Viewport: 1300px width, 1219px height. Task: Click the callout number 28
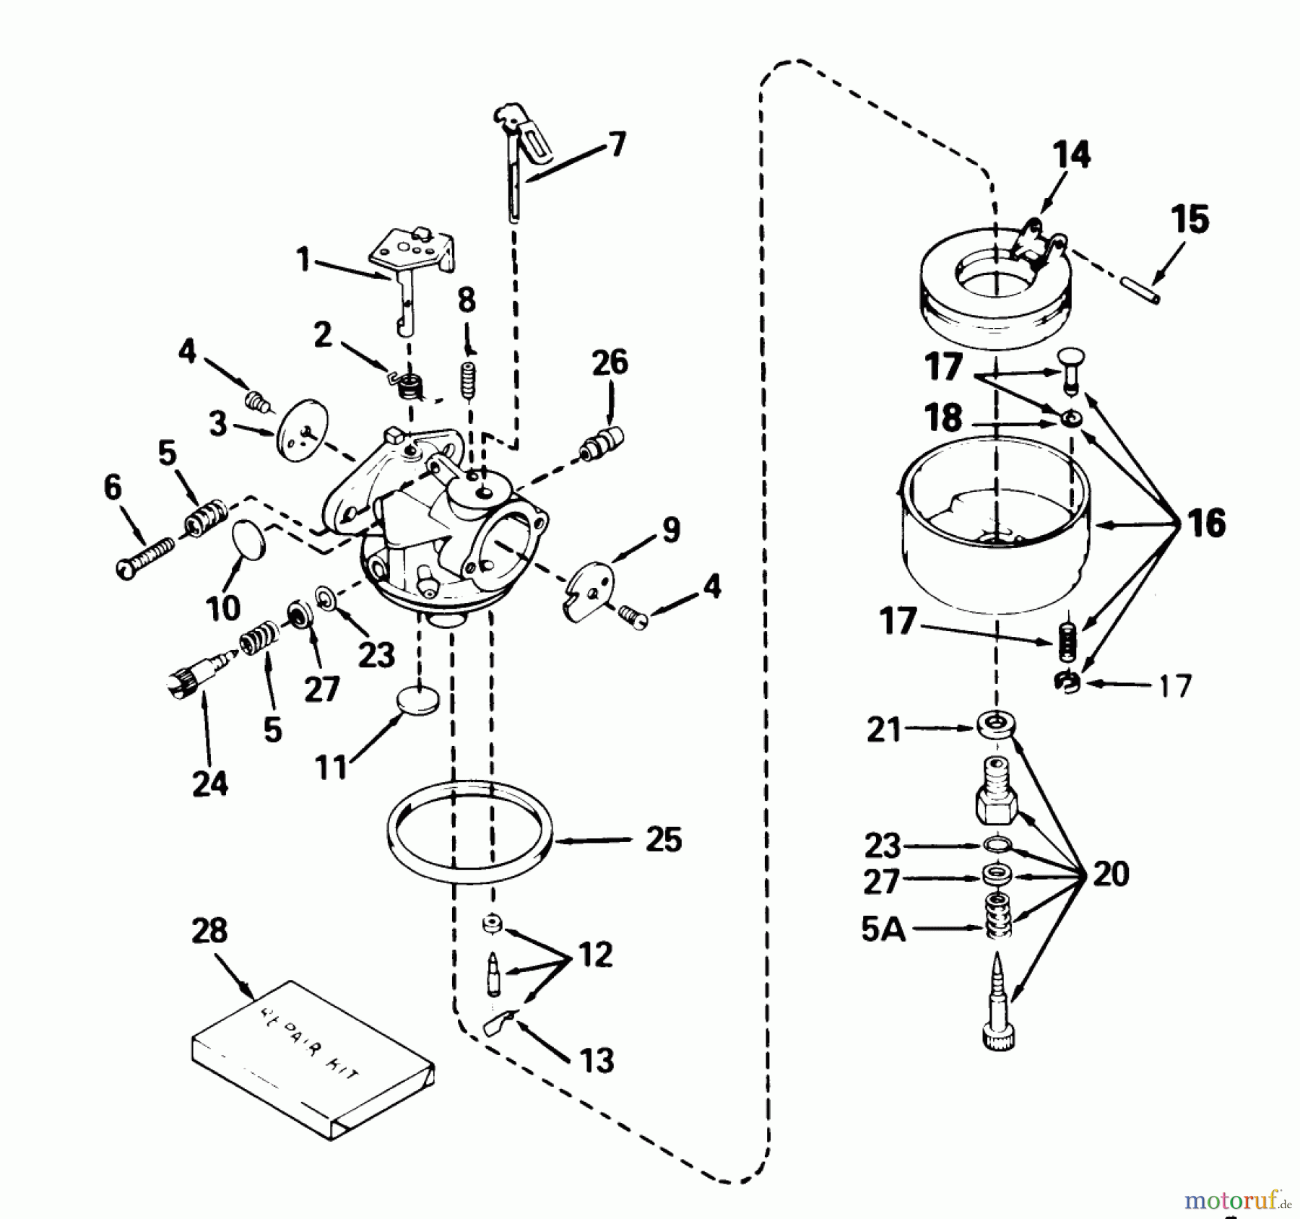pos(209,931)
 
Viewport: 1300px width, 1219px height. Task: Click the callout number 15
pos(1189,220)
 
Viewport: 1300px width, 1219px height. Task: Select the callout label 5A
pos(883,930)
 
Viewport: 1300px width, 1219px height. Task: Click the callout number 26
pos(610,362)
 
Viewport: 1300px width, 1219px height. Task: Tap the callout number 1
pos(303,259)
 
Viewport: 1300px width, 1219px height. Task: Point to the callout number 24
pos(209,783)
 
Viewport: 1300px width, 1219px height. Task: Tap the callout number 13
pos(596,1061)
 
